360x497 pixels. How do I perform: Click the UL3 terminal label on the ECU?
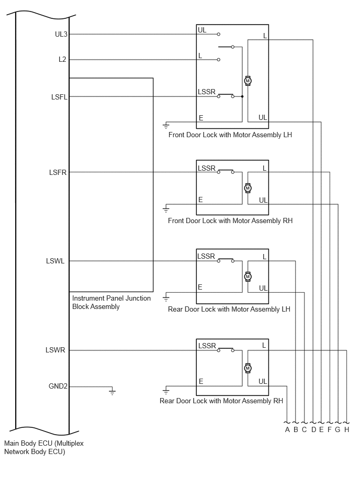tap(61, 34)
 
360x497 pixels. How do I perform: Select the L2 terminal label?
tap(62, 59)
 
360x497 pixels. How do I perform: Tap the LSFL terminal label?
tap(59, 97)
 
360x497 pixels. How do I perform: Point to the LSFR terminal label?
tap(58, 172)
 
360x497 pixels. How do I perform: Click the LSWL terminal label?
tap(55, 261)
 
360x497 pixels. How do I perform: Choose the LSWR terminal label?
tap(55, 350)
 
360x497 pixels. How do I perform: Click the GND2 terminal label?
tap(58, 386)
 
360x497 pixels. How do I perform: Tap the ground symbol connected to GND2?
tap(112, 392)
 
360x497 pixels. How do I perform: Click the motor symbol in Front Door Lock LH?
tap(248, 81)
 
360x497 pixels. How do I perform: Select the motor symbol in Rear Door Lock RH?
tap(248, 368)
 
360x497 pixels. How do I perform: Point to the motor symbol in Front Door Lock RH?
tap(248, 188)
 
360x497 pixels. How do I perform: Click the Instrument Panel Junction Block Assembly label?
tap(111, 302)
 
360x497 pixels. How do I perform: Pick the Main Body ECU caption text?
tap(44, 447)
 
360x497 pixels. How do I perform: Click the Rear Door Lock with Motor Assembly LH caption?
tap(229, 309)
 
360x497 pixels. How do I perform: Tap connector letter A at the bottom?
tap(287, 429)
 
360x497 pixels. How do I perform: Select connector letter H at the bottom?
tap(347, 429)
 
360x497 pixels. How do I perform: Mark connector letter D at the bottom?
tap(313, 429)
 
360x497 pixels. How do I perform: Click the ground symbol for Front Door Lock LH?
tap(166, 126)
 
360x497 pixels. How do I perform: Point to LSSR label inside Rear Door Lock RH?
tap(207, 346)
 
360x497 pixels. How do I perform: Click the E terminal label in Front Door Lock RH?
tap(200, 200)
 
